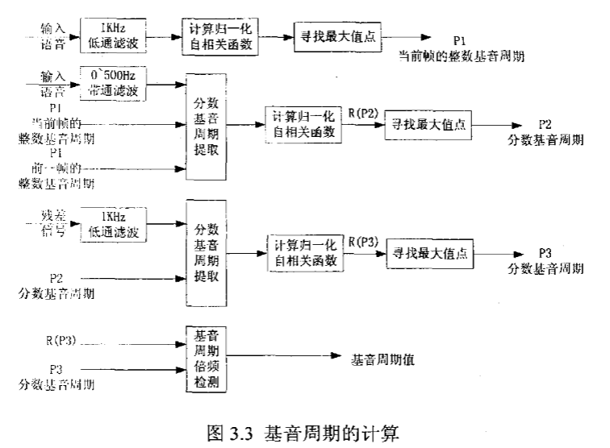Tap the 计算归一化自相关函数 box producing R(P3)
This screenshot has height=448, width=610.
tap(305, 252)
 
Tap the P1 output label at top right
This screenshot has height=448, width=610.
tap(459, 39)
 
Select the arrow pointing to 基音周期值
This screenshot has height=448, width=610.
tap(286, 356)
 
